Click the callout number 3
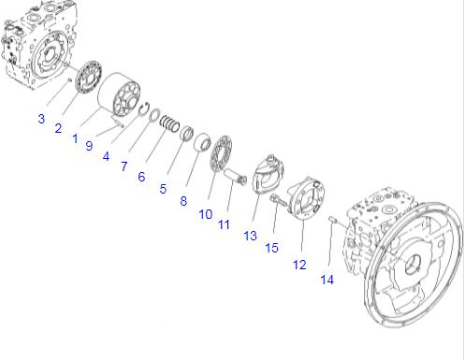point(41,119)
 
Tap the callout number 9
point(89,146)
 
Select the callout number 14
point(327,280)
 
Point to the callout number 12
point(299,265)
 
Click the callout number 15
point(271,248)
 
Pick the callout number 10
point(206,214)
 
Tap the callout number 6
point(141,177)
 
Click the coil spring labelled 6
point(169,123)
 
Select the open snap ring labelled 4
point(144,109)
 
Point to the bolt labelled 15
point(280,200)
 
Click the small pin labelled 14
point(332,220)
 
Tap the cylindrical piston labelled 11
point(236,176)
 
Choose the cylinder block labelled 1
point(119,94)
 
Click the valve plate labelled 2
point(89,77)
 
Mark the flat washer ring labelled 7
point(154,114)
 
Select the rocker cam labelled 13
point(269,175)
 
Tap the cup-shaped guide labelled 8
point(202,142)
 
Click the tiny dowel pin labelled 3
point(70,80)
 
